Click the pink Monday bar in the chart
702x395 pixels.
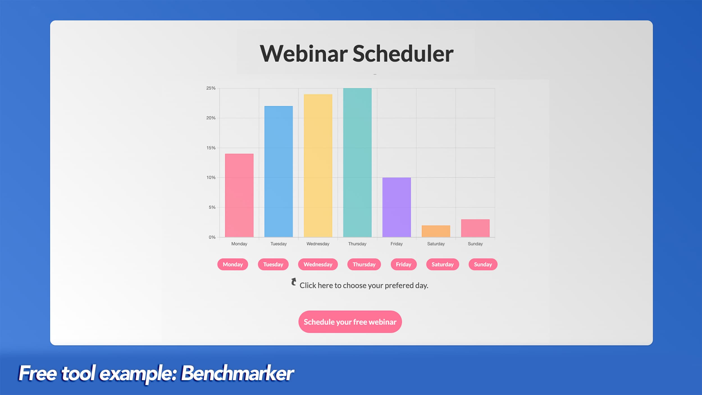[x=239, y=195]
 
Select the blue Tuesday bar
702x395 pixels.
[x=279, y=171]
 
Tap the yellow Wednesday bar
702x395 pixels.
[x=318, y=165]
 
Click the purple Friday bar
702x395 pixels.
[x=396, y=207]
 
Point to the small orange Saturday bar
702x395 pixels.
[x=436, y=231]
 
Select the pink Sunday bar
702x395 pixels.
[x=475, y=228]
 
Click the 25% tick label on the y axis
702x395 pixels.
[x=211, y=88]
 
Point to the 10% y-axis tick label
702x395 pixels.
[x=211, y=178]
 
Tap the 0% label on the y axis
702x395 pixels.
[x=212, y=237]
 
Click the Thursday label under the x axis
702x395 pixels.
[x=357, y=244]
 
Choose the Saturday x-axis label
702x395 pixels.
[x=436, y=244]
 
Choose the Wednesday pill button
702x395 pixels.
[x=318, y=264]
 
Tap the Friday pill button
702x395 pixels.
[x=404, y=264]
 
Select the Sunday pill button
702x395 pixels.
[x=483, y=264]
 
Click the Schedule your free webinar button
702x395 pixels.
[x=350, y=322]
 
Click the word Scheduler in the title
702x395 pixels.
[x=403, y=54]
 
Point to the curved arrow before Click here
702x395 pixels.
[x=294, y=282]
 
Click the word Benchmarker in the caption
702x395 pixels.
[x=237, y=373]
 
